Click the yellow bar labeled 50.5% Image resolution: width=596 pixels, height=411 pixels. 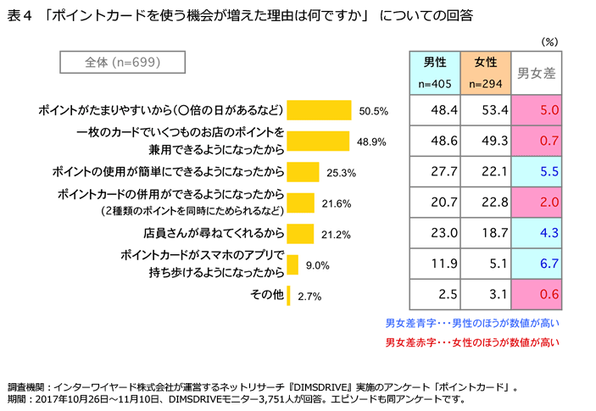(x=319, y=110)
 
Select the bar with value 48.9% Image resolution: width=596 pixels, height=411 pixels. (x=318, y=140)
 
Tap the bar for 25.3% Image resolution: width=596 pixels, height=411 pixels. (x=303, y=171)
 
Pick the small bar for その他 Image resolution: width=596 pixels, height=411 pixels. (x=289, y=296)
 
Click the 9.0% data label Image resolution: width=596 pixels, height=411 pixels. (x=317, y=266)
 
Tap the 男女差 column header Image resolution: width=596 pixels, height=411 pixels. (x=537, y=74)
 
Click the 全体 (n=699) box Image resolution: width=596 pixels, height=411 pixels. (x=111, y=63)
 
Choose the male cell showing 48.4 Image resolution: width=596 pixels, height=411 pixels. (x=443, y=110)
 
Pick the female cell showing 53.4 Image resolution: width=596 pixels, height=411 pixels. (x=493, y=110)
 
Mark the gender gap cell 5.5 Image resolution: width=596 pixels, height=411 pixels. (x=546, y=171)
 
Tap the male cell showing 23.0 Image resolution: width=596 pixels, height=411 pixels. (x=443, y=232)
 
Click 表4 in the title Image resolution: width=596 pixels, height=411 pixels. (x=19, y=15)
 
